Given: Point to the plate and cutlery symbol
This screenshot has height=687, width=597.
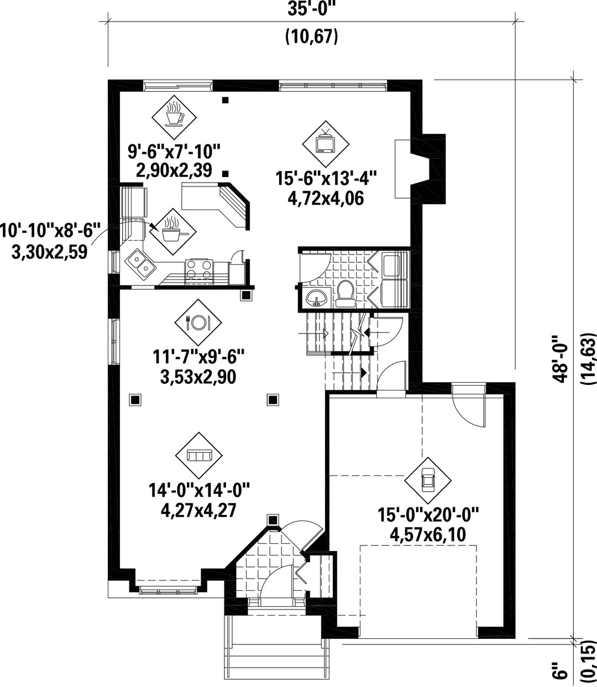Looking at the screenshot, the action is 198,322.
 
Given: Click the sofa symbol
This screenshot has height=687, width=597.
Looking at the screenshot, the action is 198,455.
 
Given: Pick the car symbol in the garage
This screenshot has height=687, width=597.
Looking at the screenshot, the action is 428,481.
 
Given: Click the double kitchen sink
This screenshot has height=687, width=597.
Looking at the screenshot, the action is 140,264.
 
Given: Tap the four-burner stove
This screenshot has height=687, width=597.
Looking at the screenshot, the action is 200,269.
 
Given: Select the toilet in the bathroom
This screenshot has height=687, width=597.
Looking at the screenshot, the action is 345,294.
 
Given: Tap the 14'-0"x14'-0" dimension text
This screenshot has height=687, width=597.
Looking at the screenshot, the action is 200,490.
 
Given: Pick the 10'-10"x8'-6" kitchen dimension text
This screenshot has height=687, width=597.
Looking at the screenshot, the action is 50,231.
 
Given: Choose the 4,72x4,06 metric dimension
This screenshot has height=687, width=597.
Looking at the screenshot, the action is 326,199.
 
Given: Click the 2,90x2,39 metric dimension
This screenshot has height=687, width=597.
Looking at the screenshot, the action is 174,170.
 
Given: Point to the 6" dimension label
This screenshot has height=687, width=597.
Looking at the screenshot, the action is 560,670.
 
